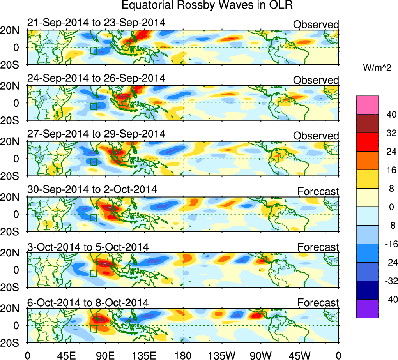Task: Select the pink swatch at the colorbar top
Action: [367, 105]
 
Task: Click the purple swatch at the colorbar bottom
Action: [367, 309]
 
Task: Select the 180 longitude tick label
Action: [183, 355]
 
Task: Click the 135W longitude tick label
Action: [222, 355]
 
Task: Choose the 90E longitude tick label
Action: [105, 355]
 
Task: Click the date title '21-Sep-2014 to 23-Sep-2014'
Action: [96, 23]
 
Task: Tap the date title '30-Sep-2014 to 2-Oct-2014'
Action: [92, 190]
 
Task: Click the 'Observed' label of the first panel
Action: [316, 25]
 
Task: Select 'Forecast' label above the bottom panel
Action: [318, 303]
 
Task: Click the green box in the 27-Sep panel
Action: [93, 162]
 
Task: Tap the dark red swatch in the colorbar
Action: [367, 124]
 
